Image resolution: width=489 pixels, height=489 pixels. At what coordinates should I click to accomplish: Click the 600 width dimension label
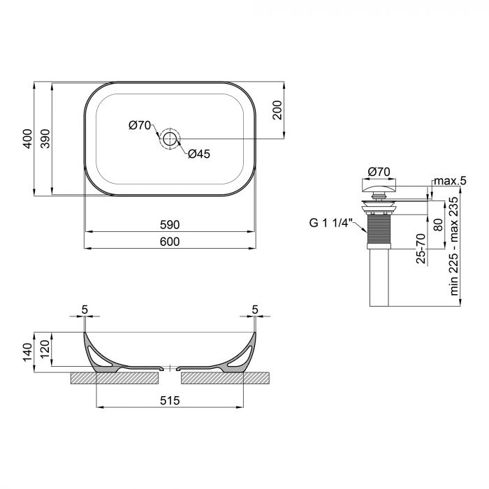(x=170, y=241)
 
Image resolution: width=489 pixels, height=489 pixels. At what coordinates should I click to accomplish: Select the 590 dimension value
(x=170, y=225)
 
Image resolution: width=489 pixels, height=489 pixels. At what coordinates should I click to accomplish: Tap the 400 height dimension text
(x=27, y=140)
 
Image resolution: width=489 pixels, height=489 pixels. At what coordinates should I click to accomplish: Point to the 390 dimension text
(x=45, y=140)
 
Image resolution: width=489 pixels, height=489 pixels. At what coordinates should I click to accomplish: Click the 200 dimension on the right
(x=277, y=110)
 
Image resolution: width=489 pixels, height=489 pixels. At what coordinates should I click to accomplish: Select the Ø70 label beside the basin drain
(x=139, y=126)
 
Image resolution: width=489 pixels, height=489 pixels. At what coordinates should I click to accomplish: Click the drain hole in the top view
(x=170, y=138)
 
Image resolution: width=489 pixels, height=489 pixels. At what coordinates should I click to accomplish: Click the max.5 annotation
(x=449, y=182)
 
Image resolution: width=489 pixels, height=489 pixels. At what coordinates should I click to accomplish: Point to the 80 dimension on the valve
(x=437, y=225)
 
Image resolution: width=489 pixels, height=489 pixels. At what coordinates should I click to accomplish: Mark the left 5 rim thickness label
(x=84, y=309)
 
